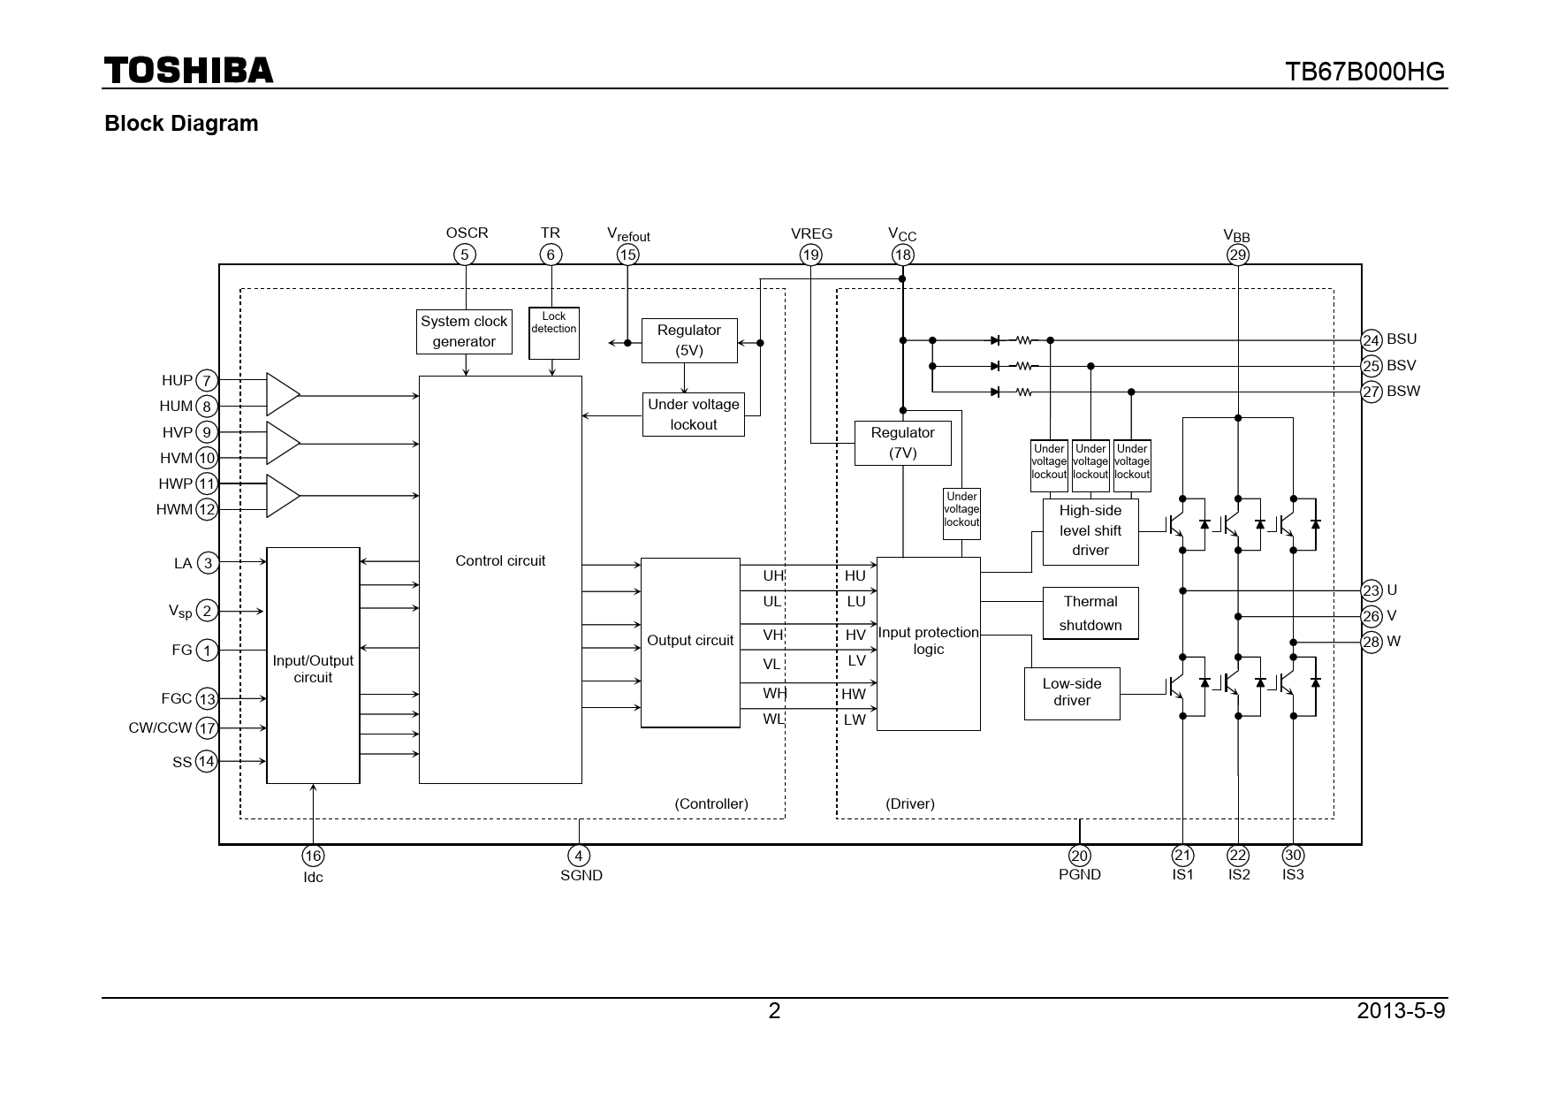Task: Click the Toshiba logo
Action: (x=188, y=70)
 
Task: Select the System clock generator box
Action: (x=464, y=331)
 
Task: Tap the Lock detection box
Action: (x=554, y=332)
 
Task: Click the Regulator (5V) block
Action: (x=689, y=340)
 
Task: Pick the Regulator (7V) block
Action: (x=902, y=443)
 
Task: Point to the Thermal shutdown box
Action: (x=1090, y=613)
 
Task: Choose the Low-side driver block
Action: (x=1072, y=693)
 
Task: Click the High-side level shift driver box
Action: (x=1090, y=531)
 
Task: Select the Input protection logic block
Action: (x=928, y=643)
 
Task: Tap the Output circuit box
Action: (x=690, y=643)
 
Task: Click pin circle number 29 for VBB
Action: (x=1237, y=255)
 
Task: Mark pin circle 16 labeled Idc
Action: (x=313, y=856)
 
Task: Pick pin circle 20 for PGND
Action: (x=1079, y=856)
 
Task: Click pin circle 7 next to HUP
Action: (x=206, y=381)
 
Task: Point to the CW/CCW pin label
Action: (x=160, y=728)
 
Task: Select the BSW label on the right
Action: (x=1402, y=392)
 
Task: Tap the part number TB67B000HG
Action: (x=1364, y=72)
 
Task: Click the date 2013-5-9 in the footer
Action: (x=1401, y=1010)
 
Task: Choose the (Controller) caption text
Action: (x=710, y=803)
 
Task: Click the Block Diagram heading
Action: (x=181, y=124)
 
